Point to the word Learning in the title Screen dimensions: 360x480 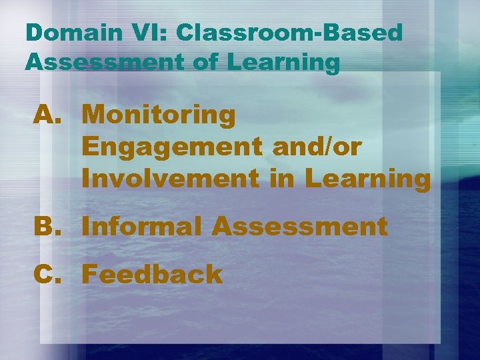284,62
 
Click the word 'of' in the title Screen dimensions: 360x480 201,62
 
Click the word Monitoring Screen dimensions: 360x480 159,115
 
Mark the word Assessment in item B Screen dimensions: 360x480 299,227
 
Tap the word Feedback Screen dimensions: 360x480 152,274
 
